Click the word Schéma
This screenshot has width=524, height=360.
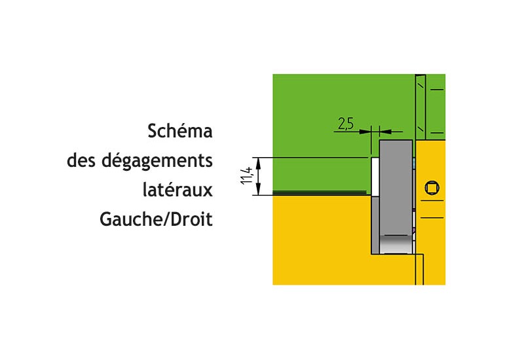click(x=180, y=131)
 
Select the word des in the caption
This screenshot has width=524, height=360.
click(x=82, y=160)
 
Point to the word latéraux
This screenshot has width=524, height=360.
click(x=178, y=190)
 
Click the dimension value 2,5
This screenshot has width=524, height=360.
click(x=346, y=122)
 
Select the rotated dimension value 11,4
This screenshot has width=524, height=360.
click(x=246, y=176)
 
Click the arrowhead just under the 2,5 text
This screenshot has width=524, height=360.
click(x=364, y=131)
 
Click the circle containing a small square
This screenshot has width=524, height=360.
click(x=432, y=189)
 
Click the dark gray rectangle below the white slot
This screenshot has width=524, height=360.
click(x=375, y=226)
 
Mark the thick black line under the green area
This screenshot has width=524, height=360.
click(x=320, y=193)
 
